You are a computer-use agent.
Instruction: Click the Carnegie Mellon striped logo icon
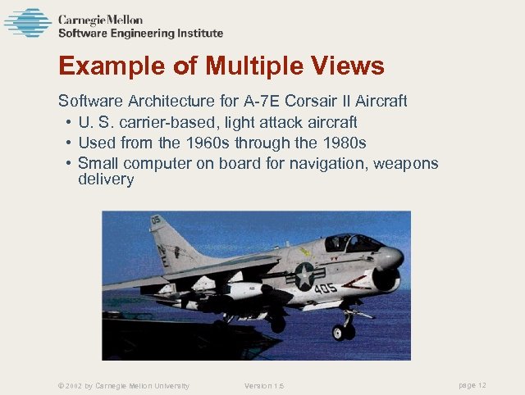[x=28, y=23]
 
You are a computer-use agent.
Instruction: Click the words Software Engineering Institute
[x=140, y=34]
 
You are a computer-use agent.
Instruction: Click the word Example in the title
[x=109, y=66]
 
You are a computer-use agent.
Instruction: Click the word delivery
[x=106, y=179]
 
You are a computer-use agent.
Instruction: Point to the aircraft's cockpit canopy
[x=352, y=243]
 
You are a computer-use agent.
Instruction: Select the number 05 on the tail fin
[x=156, y=220]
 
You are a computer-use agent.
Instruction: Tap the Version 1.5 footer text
[x=264, y=386]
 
